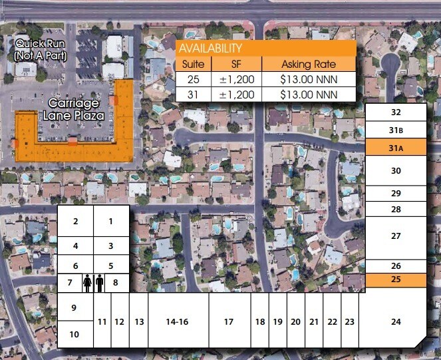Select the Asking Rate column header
coord(309,65)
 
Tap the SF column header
coord(237,65)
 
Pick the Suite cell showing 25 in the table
coord(194,79)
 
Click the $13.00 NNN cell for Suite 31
coord(309,94)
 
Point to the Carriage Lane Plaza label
coord(73,109)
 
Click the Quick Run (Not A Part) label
coord(41,50)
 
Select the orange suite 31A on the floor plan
coord(396,148)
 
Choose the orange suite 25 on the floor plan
coord(396,279)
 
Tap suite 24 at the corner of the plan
coord(396,321)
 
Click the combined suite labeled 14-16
coord(177,321)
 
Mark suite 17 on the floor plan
coord(229,321)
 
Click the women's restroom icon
coord(87,283)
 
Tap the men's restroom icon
coord(100,283)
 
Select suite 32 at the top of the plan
coord(396,112)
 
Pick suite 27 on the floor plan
coord(396,236)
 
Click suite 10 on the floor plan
coord(74,334)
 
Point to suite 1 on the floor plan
coord(110,221)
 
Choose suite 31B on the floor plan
coord(396,130)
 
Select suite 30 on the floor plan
coord(396,171)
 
